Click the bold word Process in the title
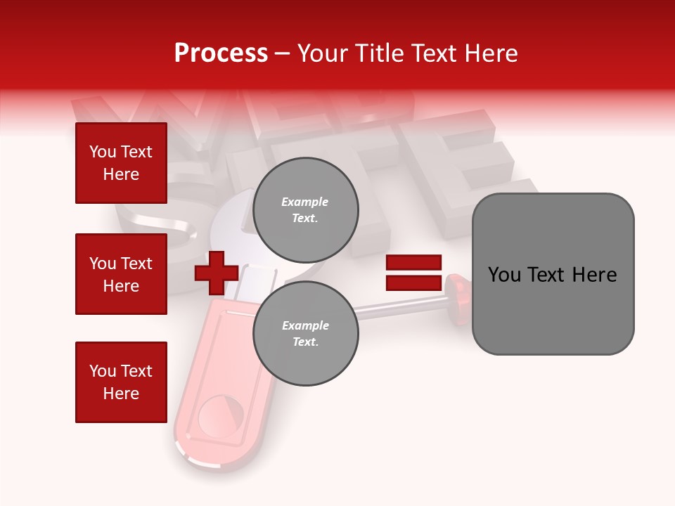(x=221, y=53)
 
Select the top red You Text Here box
(x=121, y=163)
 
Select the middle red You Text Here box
(x=121, y=274)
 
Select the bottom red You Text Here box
(x=121, y=382)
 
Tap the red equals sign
(x=413, y=273)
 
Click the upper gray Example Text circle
(x=306, y=210)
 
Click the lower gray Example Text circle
(x=306, y=334)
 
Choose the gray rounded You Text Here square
(x=553, y=274)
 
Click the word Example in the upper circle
(x=304, y=202)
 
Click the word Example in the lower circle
(x=305, y=325)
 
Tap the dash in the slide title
(x=283, y=54)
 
